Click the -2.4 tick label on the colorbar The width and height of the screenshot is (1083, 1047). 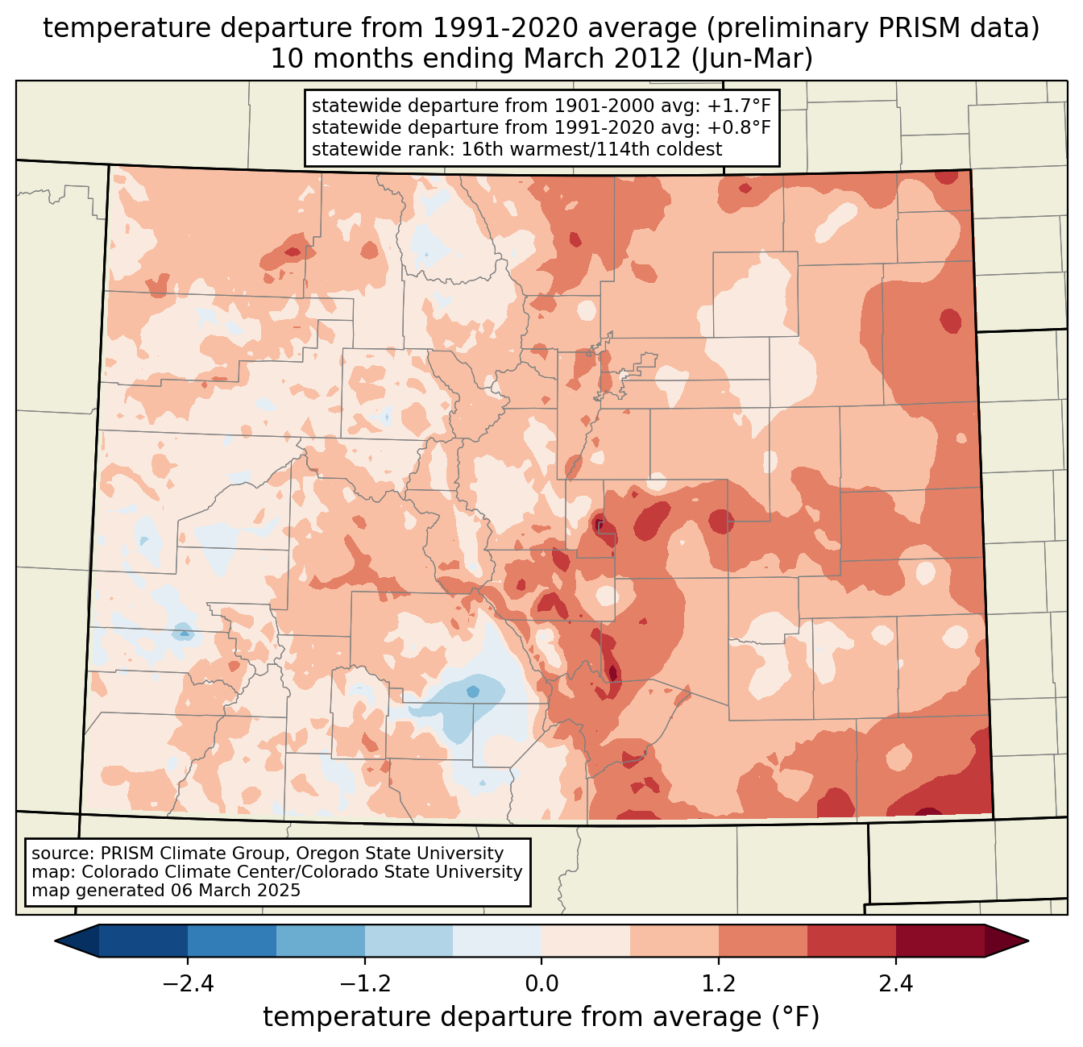coord(187,984)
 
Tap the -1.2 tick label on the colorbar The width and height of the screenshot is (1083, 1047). coord(364,984)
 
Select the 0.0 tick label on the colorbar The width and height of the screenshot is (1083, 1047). coord(541,984)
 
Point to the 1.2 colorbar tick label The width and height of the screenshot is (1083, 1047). coord(719,984)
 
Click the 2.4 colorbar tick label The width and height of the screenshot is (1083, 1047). coord(895,984)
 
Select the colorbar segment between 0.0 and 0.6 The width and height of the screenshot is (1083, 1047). coord(586,941)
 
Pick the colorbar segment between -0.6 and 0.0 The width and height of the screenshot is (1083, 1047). coord(497,941)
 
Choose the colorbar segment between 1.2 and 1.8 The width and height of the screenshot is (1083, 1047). coord(763,941)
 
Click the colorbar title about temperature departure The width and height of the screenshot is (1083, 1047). coord(541,1017)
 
